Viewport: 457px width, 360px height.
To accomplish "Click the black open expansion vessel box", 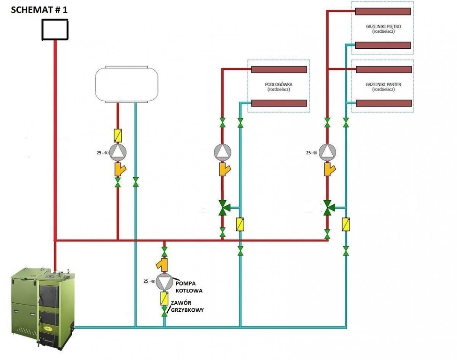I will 55,30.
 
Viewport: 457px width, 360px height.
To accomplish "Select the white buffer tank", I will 127,84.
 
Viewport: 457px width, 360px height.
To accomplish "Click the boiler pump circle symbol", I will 165,282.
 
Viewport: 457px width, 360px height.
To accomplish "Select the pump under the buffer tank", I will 118,152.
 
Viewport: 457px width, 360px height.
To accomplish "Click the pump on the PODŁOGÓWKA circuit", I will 223,152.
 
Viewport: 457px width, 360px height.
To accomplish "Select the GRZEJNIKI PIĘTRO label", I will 383,27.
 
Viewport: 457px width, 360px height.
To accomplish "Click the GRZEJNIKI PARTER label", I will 383,85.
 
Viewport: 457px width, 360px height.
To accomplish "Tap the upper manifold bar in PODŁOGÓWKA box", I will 279,69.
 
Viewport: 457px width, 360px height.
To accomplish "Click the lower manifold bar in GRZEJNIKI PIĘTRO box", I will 382,45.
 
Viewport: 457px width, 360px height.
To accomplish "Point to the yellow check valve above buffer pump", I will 118,136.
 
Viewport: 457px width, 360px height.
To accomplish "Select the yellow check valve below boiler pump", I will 165,298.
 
